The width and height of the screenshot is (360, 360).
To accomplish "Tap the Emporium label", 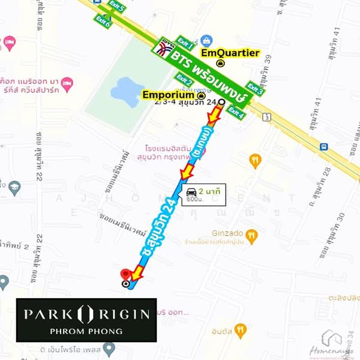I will coord(170,95).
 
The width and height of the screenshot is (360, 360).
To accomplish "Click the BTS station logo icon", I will coord(163,49).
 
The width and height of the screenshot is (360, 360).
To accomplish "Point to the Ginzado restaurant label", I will coord(227,234).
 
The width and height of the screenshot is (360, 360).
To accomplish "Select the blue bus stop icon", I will coord(323,146).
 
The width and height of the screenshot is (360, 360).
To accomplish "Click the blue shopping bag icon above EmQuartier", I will coord(206,41).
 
